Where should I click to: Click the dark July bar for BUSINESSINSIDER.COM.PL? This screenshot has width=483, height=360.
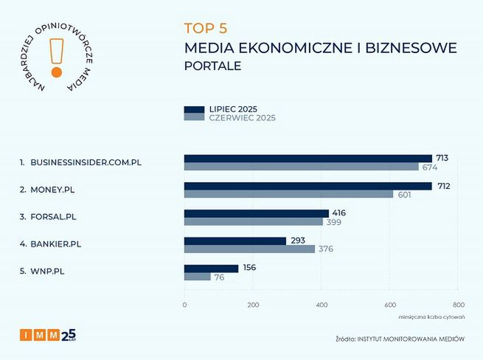[x=307, y=159]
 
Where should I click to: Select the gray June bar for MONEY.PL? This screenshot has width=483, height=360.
[x=288, y=194]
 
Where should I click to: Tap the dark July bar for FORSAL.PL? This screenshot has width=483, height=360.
[x=256, y=213]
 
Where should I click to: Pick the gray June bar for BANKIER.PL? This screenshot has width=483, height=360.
[x=249, y=249]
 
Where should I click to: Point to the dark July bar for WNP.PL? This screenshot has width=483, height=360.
[x=211, y=269]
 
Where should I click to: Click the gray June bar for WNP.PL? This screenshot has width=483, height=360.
[x=197, y=277]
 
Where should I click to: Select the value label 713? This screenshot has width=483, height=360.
[x=442, y=158]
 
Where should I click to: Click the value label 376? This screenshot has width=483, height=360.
[x=326, y=249]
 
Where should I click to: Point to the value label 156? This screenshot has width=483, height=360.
[x=249, y=268]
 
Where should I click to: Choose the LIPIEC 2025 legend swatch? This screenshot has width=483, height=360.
[x=194, y=110]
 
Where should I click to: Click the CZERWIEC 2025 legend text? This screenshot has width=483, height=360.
[x=243, y=118]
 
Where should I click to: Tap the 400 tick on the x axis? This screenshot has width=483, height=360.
[x=322, y=305]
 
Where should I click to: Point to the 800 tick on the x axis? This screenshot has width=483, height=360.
[x=459, y=305]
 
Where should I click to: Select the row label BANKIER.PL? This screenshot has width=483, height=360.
[x=55, y=243]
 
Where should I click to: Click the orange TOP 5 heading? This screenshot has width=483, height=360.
[x=206, y=29]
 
